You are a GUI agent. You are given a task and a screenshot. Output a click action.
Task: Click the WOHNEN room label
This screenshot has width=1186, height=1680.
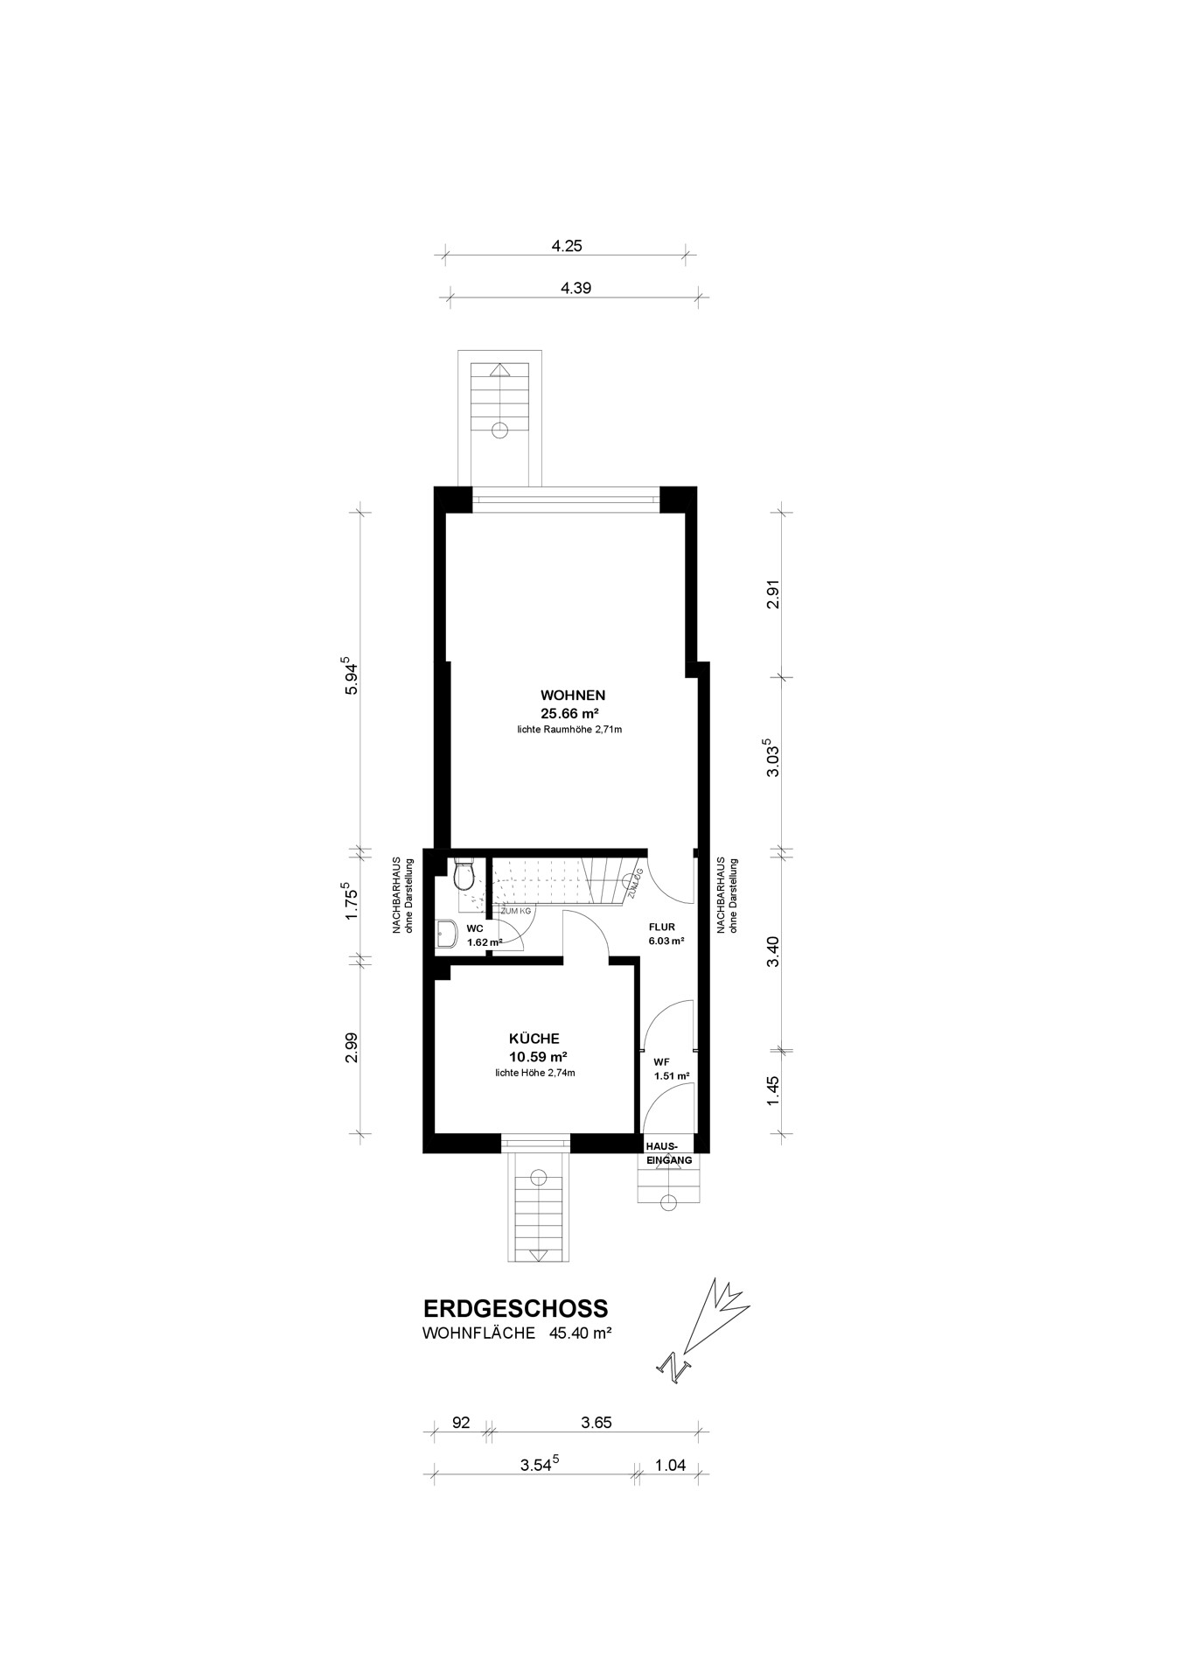(x=573, y=696)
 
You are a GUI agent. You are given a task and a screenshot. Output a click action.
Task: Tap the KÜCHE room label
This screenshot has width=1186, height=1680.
(x=534, y=1039)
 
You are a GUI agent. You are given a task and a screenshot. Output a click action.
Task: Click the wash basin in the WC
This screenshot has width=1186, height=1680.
(x=446, y=934)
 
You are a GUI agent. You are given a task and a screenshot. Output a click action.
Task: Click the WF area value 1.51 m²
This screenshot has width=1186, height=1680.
(x=672, y=1076)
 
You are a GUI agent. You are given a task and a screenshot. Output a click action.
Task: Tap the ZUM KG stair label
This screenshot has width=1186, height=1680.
(x=515, y=911)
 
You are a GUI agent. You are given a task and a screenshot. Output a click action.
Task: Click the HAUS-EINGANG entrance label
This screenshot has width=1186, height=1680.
(x=669, y=1152)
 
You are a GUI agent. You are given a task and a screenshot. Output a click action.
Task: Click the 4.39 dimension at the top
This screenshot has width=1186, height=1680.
(x=576, y=288)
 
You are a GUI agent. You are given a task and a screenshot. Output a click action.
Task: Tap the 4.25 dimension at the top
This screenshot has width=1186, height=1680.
(x=567, y=246)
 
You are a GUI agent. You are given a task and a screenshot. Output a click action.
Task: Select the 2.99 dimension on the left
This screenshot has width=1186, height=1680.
(x=352, y=1047)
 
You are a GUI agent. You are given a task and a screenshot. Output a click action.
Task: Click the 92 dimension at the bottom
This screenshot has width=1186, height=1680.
(x=461, y=1423)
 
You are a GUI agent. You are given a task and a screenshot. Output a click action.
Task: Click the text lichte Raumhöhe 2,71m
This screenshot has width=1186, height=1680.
(x=569, y=729)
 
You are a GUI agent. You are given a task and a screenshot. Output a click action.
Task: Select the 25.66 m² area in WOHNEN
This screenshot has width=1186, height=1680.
(x=573, y=713)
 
